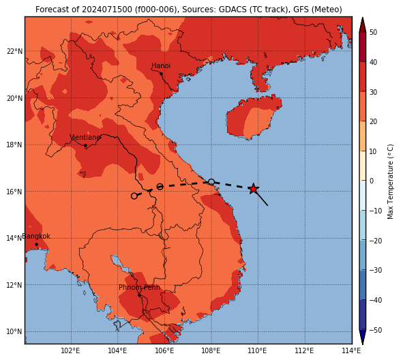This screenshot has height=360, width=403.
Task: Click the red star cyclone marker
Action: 254,189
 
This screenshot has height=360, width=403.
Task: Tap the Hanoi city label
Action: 161,65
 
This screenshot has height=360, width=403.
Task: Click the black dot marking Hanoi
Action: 161,74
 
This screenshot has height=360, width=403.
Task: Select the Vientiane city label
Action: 85,138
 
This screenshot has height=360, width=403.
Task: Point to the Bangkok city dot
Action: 37,244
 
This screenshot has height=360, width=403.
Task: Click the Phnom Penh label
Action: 139,287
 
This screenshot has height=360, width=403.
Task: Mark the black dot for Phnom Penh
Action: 139,295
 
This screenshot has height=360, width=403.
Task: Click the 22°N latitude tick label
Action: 14,51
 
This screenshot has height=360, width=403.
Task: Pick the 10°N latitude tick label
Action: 14,332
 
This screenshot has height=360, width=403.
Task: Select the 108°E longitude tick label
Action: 211,350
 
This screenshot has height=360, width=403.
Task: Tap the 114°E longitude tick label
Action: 351,350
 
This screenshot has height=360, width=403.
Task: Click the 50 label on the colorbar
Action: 374,32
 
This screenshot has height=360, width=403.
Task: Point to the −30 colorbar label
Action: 376,270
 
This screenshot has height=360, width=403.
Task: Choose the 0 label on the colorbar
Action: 372,181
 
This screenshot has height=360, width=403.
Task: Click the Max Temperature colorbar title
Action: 391,181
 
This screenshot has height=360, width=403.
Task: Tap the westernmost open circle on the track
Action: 134,196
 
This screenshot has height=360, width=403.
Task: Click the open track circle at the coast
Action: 211,182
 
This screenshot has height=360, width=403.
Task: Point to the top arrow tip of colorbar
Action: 362,18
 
